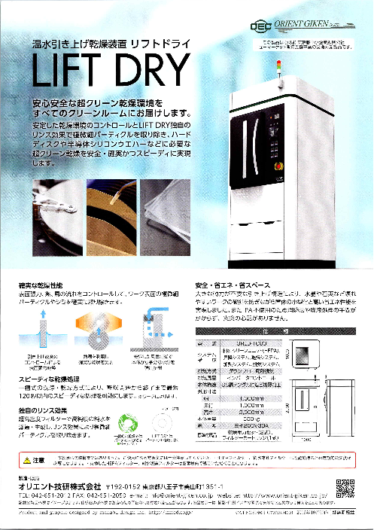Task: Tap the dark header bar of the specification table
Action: coord(260,330)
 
